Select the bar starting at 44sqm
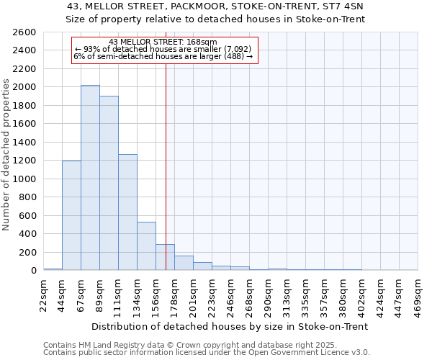tap(71, 215)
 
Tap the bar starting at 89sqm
tap(109, 183)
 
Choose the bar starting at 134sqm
tap(146, 246)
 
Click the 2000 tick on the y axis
tap(26, 87)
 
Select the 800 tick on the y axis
tap(29, 197)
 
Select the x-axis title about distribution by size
tap(230, 326)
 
